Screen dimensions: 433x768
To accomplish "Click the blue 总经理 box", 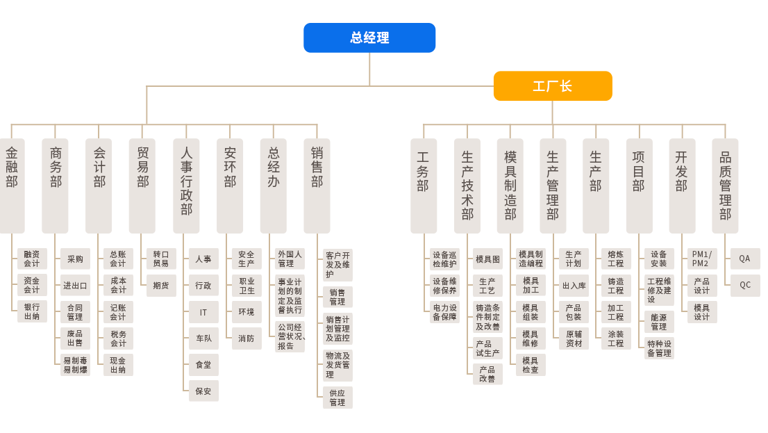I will (369, 38).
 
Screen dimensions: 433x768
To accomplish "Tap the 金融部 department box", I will (12, 186).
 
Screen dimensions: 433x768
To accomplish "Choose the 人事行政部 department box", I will (186, 186).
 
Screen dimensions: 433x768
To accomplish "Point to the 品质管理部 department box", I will (725, 186).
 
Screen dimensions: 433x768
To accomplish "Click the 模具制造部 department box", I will (510, 186).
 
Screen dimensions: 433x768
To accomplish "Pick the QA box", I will (744, 259).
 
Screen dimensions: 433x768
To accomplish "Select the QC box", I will (744, 285).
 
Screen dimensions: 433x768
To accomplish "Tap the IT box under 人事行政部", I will (203, 312).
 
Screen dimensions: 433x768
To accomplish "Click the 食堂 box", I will (203, 365).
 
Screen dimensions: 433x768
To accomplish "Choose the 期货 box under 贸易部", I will (161, 285).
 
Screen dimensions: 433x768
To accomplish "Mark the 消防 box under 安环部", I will (247, 338).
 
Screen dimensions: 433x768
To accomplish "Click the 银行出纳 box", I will (32, 311).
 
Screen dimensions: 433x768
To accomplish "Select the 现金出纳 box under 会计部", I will (118, 365).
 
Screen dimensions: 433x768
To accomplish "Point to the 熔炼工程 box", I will (616, 259).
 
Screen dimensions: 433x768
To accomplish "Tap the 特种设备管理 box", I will (659, 348).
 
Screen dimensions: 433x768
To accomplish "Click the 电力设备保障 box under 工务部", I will (444, 311).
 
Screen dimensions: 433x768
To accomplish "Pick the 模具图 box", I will (487, 259).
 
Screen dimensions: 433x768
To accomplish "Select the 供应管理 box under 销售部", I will (337, 397).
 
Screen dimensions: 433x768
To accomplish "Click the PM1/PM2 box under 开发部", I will (701, 259).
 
